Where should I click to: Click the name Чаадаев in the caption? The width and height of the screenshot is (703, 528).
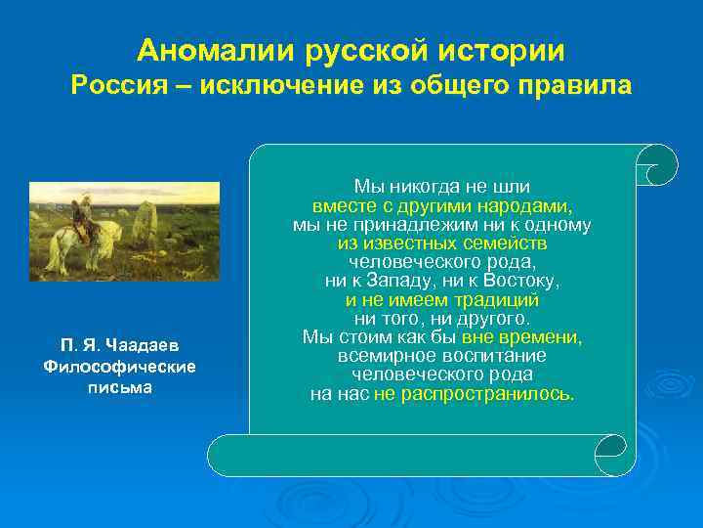tap(154, 346)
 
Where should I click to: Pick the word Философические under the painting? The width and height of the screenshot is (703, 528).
tap(119, 366)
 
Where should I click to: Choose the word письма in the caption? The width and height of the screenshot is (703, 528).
tap(119, 385)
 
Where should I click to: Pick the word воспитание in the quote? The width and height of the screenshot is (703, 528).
tap(497, 356)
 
